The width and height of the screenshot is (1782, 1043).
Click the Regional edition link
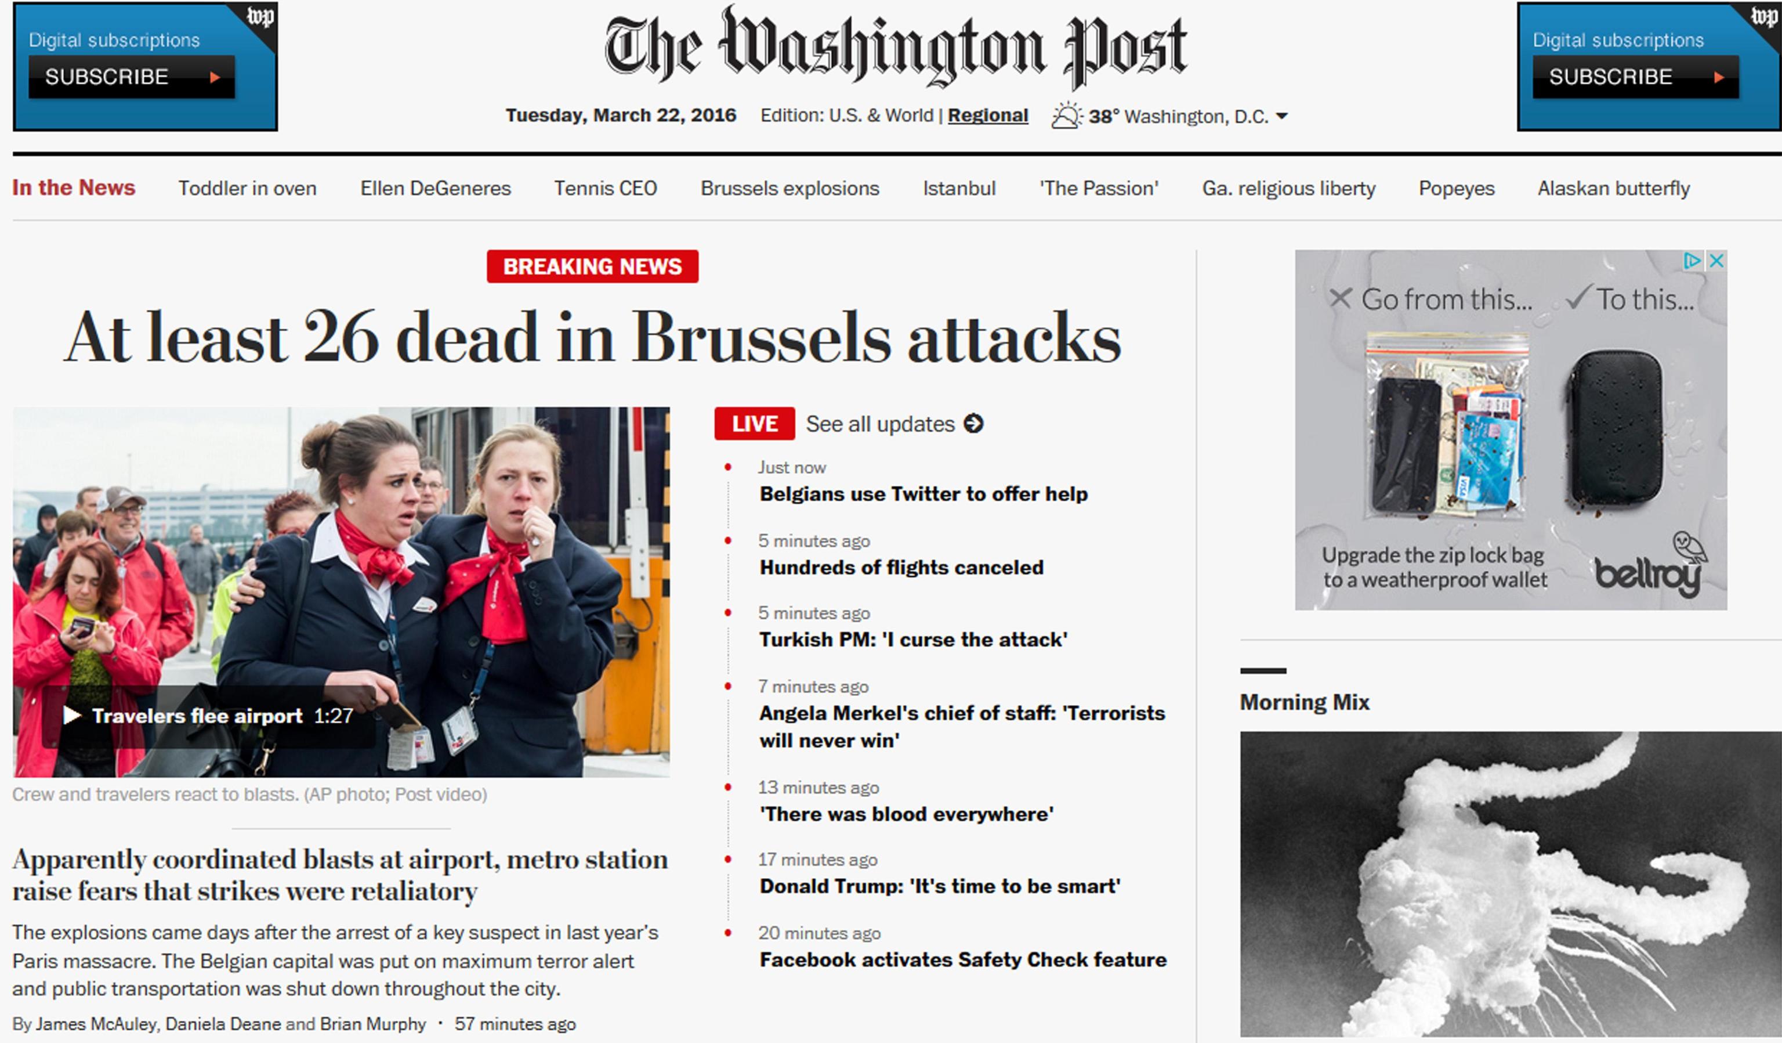click(x=987, y=116)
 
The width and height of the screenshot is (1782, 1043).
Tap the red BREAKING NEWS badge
click(x=592, y=267)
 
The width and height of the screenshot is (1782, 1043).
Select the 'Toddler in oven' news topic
click(x=247, y=188)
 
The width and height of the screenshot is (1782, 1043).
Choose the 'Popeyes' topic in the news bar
click(x=1456, y=188)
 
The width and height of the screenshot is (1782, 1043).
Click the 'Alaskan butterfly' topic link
click(x=1613, y=188)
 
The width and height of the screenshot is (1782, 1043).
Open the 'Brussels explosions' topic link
click(x=789, y=188)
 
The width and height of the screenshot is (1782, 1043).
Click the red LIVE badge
click(x=754, y=424)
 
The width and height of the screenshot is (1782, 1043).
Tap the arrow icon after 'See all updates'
click(x=974, y=424)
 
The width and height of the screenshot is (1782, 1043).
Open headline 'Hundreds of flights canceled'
click(x=901, y=568)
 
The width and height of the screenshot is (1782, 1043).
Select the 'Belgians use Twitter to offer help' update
click(x=923, y=494)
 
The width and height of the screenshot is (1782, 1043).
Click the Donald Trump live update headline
click(x=939, y=887)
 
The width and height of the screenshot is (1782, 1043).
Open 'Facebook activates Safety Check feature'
click(x=962, y=960)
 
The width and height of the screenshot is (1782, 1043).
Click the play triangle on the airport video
click(x=71, y=716)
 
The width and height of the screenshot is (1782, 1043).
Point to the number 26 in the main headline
click(x=341, y=338)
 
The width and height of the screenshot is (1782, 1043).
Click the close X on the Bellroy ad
click(x=1716, y=261)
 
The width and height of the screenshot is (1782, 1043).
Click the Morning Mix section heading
click(x=1304, y=702)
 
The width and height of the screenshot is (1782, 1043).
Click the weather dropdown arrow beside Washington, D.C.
click(x=1281, y=116)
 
